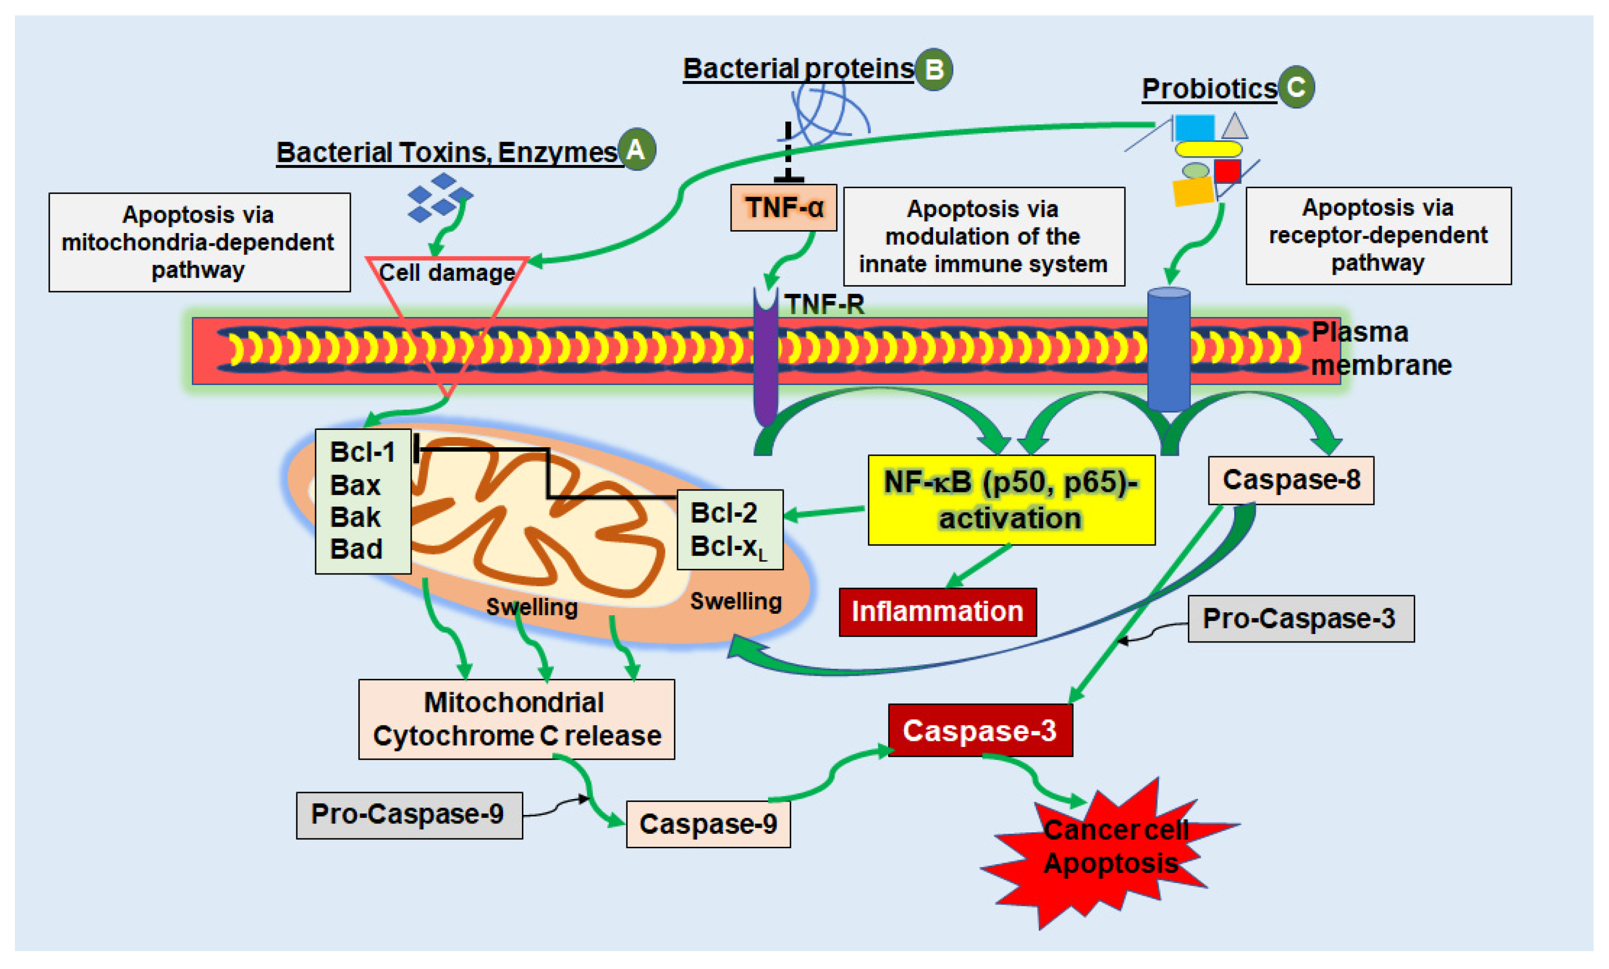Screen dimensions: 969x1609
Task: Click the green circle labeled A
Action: click(x=636, y=150)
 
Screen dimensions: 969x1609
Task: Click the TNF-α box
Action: click(x=783, y=208)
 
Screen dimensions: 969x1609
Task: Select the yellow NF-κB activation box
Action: click(x=1011, y=499)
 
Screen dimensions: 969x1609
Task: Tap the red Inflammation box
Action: click(x=937, y=612)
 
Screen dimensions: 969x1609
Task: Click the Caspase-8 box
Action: click(x=1290, y=480)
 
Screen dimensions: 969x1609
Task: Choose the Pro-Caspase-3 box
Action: click(x=1300, y=618)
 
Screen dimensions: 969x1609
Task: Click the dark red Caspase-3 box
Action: click(x=980, y=730)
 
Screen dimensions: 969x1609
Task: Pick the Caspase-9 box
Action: click(x=708, y=823)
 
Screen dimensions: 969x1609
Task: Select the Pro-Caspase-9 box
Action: click(x=409, y=814)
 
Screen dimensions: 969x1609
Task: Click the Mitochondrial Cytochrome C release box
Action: click(x=516, y=719)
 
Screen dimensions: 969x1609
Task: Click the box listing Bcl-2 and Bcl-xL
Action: click(x=729, y=530)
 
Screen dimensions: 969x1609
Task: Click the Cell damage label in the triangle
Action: click(x=447, y=272)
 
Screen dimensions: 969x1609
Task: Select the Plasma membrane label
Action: click(x=1379, y=349)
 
